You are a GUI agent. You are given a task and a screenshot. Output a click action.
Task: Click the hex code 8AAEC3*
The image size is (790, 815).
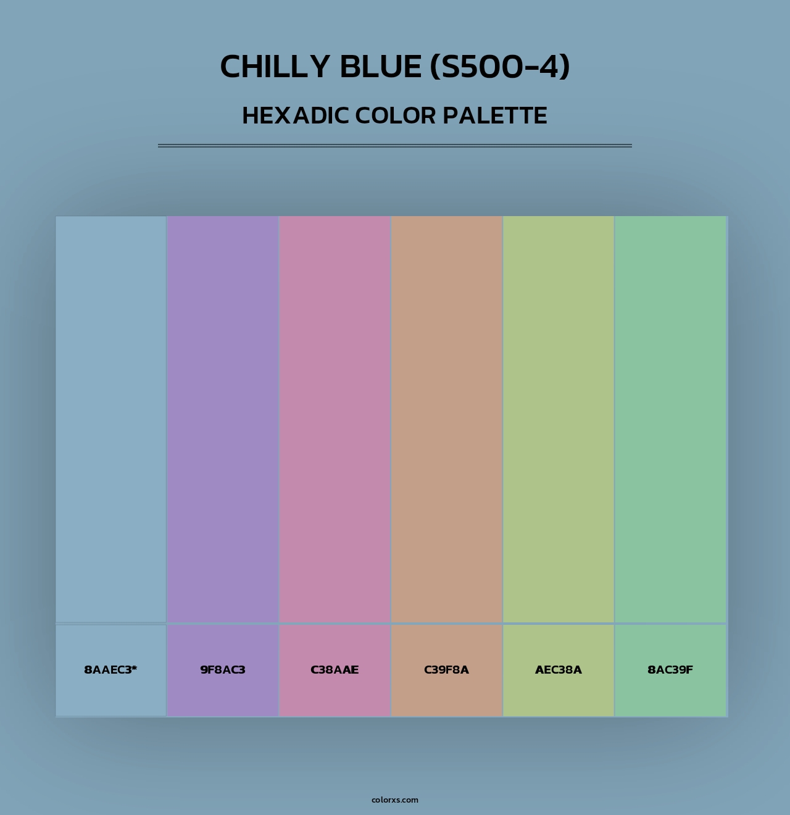tap(110, 670)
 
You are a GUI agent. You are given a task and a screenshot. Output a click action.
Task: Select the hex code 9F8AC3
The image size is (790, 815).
tap(223, 670)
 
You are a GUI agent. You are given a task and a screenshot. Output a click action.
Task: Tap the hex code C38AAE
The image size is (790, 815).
tap(335, 670)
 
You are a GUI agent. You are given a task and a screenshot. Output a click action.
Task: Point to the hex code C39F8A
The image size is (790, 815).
tap(446, 670)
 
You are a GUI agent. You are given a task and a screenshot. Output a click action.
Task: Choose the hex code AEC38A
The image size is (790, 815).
tap(559, 670)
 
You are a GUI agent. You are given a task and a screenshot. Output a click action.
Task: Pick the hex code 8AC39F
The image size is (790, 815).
tap(670, 670)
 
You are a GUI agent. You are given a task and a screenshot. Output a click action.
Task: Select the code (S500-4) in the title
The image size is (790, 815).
tap(500, 67)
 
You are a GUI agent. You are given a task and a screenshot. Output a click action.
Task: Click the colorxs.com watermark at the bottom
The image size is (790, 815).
tap(395, 800)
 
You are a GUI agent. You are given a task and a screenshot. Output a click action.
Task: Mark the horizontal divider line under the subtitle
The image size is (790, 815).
tap(395, 146)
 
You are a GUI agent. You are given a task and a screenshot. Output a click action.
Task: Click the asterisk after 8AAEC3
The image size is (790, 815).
tap(134, 667)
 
